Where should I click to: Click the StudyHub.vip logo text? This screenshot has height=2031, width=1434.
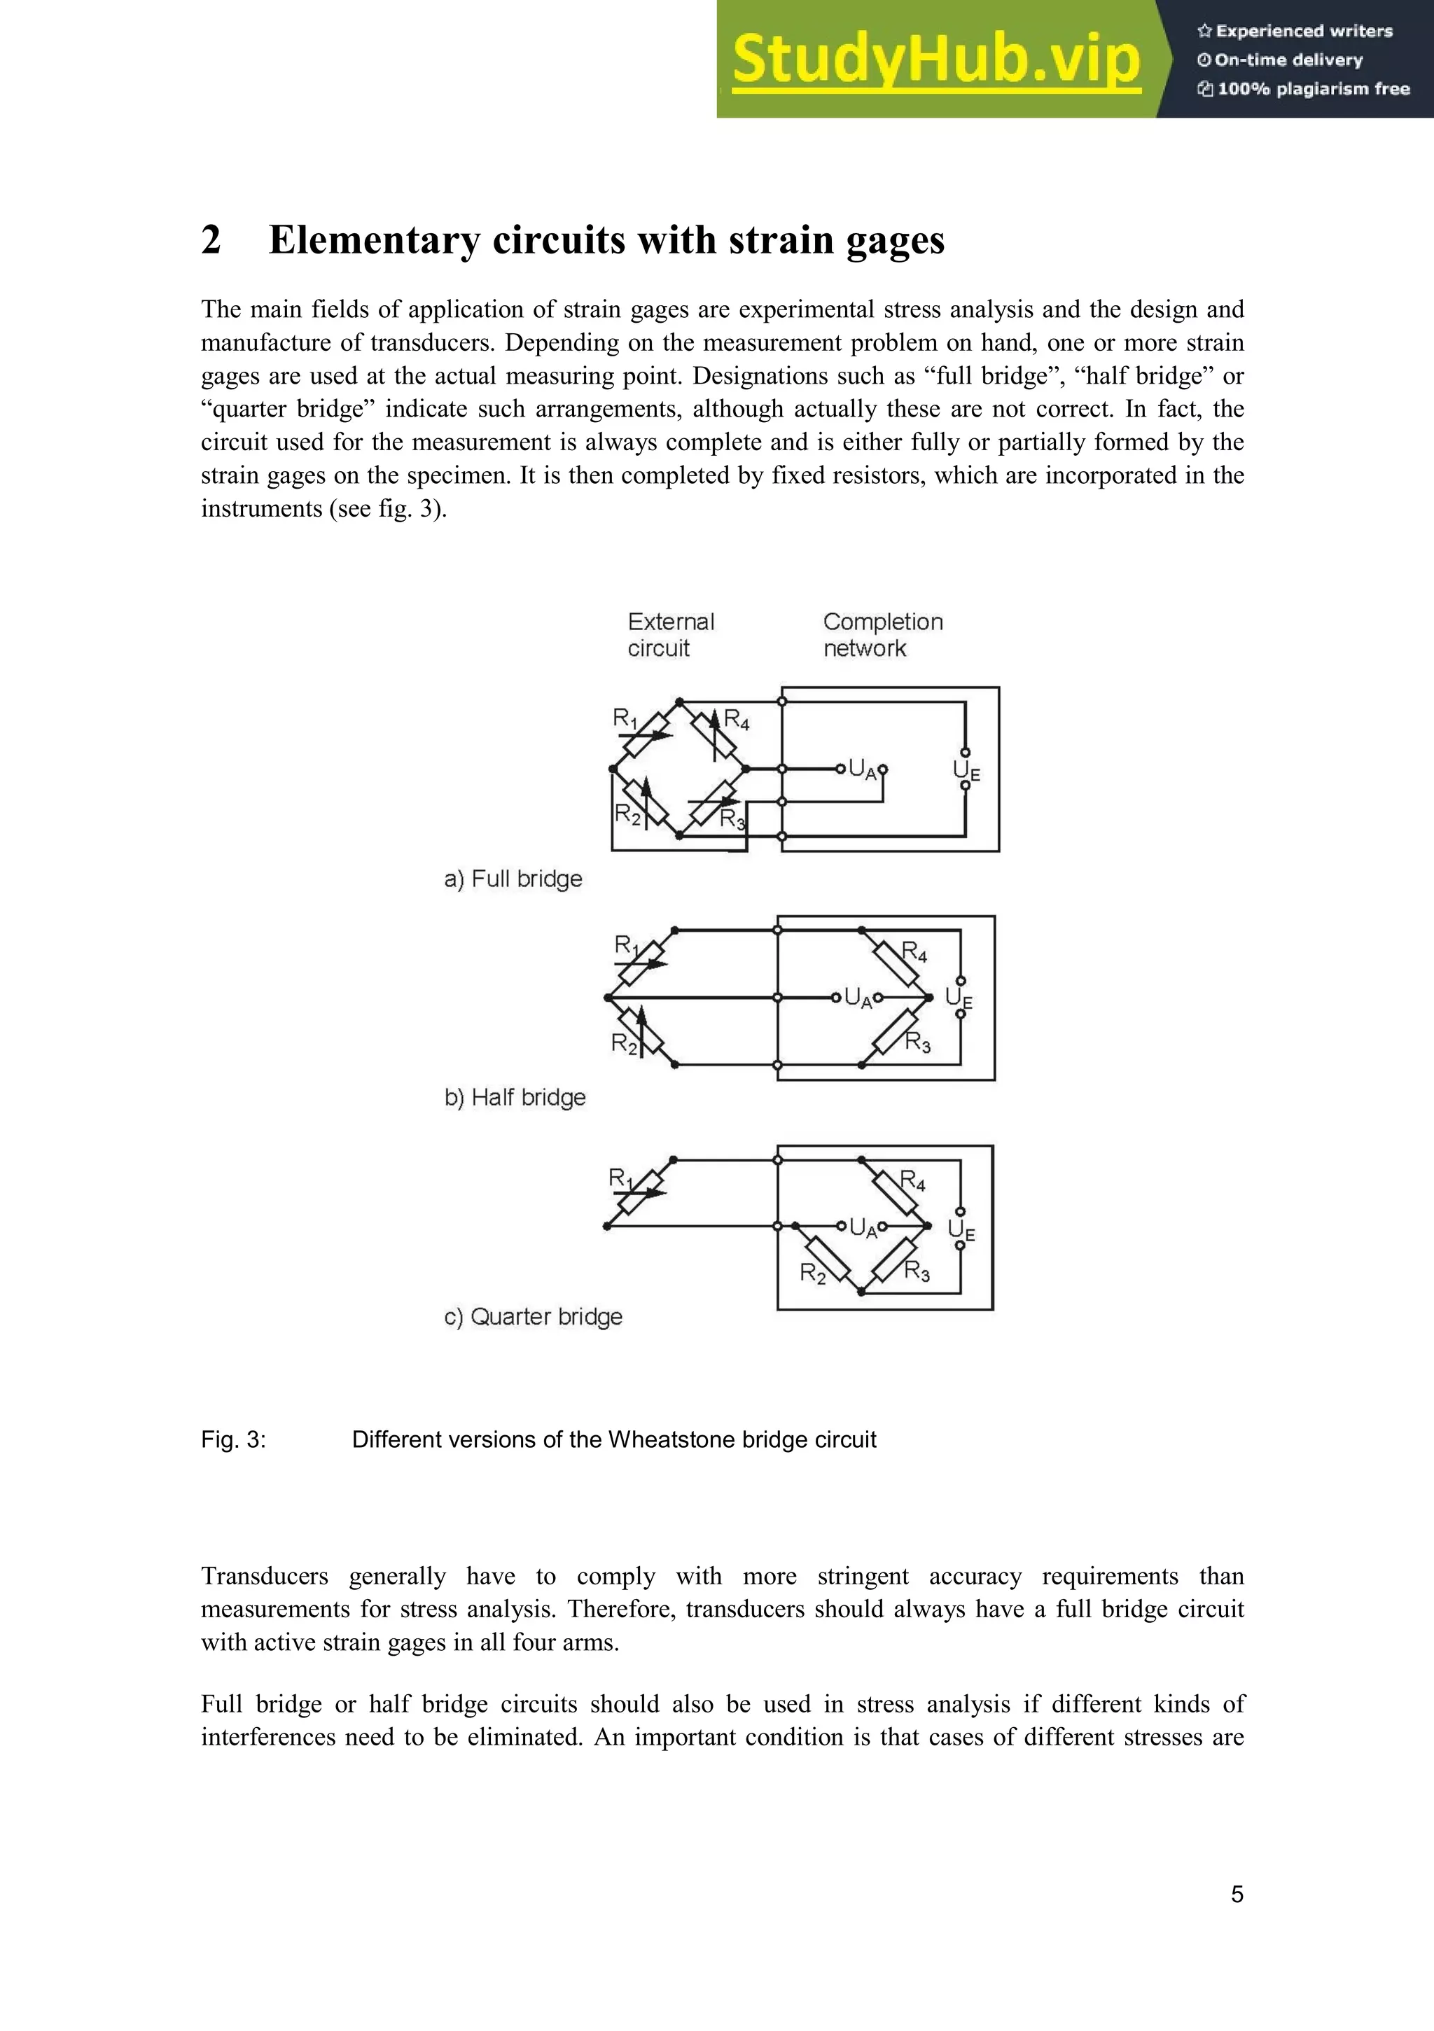[936, 60]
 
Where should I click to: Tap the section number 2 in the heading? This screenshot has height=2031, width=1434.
[211, 239]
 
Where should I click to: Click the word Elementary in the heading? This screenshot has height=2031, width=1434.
[373, 239]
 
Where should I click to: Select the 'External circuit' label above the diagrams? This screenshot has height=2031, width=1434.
[671, 634]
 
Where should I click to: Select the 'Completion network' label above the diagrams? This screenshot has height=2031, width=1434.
[882, 634]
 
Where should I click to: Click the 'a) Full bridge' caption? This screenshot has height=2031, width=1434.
[513, 879]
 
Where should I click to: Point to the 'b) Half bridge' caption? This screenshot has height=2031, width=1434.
[515, 1097]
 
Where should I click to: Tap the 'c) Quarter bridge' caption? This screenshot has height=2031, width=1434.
[533, 1316]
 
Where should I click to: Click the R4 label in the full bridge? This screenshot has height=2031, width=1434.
[736, 720]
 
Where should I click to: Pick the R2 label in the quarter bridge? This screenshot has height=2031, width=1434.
[812, 1273]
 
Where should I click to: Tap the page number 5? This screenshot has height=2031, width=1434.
[1237, 1894]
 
